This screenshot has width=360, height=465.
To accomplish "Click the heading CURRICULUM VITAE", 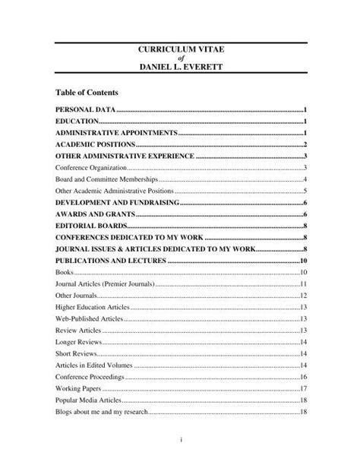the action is point(180,49).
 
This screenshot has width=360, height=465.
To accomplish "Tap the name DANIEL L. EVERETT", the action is point(180,68).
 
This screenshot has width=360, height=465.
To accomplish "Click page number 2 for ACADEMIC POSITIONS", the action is point(304,144).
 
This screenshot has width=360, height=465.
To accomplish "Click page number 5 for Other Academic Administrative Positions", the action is point(304,191).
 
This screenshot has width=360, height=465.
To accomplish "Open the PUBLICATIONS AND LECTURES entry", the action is point(111,261).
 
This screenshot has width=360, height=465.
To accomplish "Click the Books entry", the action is point(65,272).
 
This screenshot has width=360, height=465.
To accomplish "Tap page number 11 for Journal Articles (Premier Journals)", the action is point(302,283).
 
